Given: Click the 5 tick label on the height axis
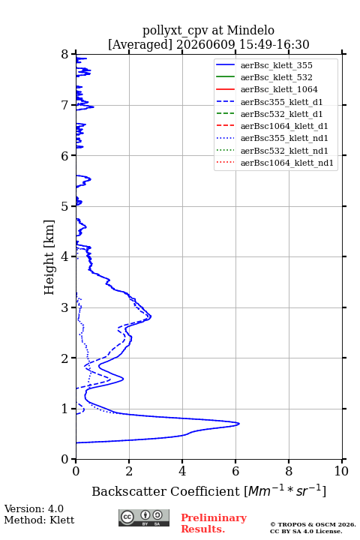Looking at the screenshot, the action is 65,206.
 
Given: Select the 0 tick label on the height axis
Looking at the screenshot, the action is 65,459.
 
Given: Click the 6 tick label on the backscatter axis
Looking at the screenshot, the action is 235,471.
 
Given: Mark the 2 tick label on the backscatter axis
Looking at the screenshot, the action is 129,471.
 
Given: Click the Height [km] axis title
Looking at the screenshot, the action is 49,257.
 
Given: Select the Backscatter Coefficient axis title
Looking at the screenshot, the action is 208,491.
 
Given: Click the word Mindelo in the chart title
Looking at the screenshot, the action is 250,30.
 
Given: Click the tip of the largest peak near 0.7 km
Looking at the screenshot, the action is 239,424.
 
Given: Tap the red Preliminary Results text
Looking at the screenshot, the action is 214,523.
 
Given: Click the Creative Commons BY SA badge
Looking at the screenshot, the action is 144,517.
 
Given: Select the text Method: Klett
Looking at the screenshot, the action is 39,520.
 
